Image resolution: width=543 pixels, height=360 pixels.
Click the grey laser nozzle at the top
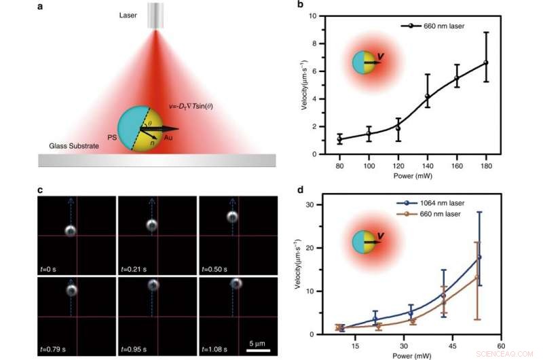156,15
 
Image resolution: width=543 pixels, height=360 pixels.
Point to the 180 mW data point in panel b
486,62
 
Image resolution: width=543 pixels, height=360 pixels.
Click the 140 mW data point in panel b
427,96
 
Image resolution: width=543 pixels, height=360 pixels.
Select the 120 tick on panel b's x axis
398,164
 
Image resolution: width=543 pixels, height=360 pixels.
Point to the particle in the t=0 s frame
70,230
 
